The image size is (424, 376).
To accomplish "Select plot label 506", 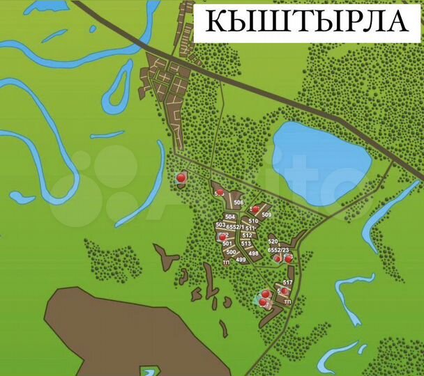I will click(238, 203).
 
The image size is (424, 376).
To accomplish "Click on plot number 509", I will click(266, 214).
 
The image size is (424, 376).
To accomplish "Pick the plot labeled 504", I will click(230, 217).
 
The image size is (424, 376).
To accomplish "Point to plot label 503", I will click(220, 225).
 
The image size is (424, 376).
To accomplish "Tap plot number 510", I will click(253, 221).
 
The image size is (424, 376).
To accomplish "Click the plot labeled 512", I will click(247, 235).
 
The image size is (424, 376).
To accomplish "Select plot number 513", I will click(246, 243).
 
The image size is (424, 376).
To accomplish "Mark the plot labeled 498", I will click(253, 253).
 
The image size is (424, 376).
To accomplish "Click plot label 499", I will click(241, 260).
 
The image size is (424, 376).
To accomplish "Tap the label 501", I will click(227, 243).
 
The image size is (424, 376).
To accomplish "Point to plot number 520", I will click(273, 242).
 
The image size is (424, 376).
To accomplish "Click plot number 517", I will click(287, 282).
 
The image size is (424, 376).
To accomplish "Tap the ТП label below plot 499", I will click(225, 263).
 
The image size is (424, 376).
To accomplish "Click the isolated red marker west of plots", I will click(182, 178).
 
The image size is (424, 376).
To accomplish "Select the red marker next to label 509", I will click(256, 209).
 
